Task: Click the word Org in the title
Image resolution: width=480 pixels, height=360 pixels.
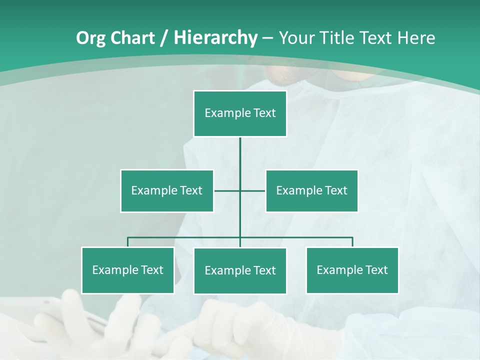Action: click(90, 38)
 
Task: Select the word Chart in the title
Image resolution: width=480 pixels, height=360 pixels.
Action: click(132, 38)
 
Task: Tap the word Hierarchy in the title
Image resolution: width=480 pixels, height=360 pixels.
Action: click(215, 38)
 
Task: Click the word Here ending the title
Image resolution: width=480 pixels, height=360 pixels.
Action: click(416, 38)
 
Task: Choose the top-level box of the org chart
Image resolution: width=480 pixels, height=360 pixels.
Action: click(240, 113)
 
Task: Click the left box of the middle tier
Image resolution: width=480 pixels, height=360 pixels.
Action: click(167, 191)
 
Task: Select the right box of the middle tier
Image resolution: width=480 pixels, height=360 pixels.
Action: click(312, 191)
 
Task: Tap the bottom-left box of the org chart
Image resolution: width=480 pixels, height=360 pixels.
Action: click(128, 270)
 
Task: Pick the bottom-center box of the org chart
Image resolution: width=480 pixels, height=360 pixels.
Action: click(240, 271)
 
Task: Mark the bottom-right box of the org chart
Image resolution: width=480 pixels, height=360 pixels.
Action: click(352, 270)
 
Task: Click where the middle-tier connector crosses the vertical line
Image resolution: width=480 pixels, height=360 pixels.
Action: click(240, 191)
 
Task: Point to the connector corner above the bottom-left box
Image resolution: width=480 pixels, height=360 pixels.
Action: click(128, 238)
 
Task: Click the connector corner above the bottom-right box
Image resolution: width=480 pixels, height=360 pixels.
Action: click(352, 238)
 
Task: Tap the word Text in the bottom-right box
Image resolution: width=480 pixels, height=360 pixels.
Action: click(376, 270)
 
